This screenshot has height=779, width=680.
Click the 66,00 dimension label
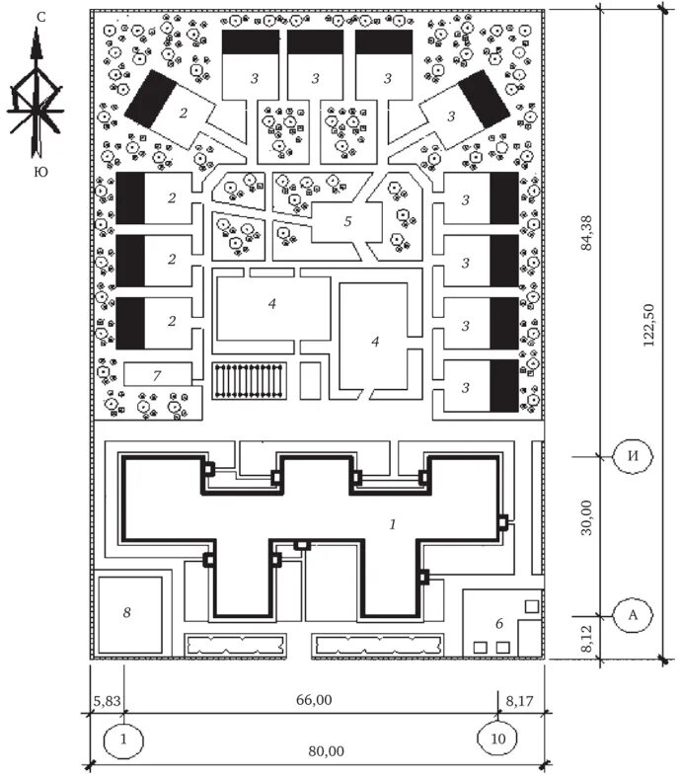pyautogui.click(x=314, y=700)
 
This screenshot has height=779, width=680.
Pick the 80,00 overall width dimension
pyautogui.click(x=326, y=751)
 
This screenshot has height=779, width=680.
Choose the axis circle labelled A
pyautogui.click(x=633, y=614)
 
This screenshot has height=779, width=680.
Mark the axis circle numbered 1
pyautogui.click(x=123, y=737)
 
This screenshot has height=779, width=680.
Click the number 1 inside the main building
pyautogui.click(x=392, y=525)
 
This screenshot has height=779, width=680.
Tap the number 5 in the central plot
pyautogui.click(x=347, y=220)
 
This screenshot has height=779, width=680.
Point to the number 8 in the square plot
pyautogui.click(x=125, y=612)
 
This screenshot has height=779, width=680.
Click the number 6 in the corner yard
pyautogui.click(x=498, y=623)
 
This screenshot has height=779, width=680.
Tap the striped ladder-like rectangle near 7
pyautogui.click(x=251, y=380)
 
